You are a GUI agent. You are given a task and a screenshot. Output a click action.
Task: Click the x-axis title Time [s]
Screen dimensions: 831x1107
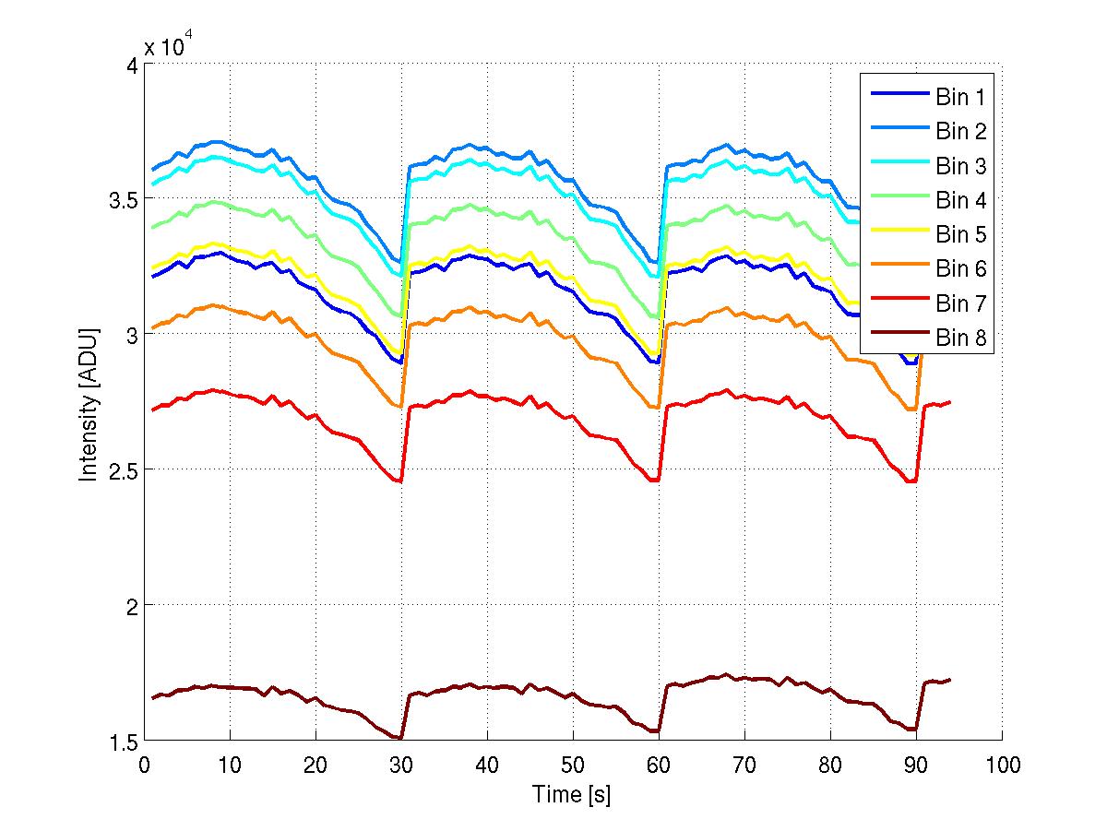pyautogui.click(x=572, y=794)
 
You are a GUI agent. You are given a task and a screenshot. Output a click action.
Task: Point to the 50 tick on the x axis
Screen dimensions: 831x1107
pyautogui.click(x=573, y=764)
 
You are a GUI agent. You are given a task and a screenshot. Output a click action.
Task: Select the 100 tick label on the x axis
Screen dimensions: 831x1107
pyautogui.click(x=1002, y=764)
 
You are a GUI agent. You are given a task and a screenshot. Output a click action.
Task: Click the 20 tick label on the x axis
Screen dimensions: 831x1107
pyautogui.click(x=315, y=764)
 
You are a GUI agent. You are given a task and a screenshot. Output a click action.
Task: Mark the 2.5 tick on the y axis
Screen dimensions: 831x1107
pyautogui.click(x=118, y=469)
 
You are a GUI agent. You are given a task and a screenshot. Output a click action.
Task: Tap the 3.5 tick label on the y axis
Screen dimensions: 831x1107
pyautogui.click(x=118, y=199)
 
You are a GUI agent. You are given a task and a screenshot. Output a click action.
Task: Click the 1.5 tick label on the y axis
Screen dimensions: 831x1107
pyautogui.click(x=118, y=741)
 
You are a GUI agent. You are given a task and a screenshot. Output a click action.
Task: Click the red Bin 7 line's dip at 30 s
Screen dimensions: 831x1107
pyautogui.click(x=399, y=481)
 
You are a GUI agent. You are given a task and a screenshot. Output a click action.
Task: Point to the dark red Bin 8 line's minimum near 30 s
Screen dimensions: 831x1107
pyautogui.click(x=399, y=738)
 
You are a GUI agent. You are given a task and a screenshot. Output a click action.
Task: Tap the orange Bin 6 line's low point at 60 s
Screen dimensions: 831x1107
pyautogui.click(x=657, y=408)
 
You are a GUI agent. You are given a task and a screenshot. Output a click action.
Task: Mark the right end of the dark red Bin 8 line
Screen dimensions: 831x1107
pyautogui.click(x=949, y=680)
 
